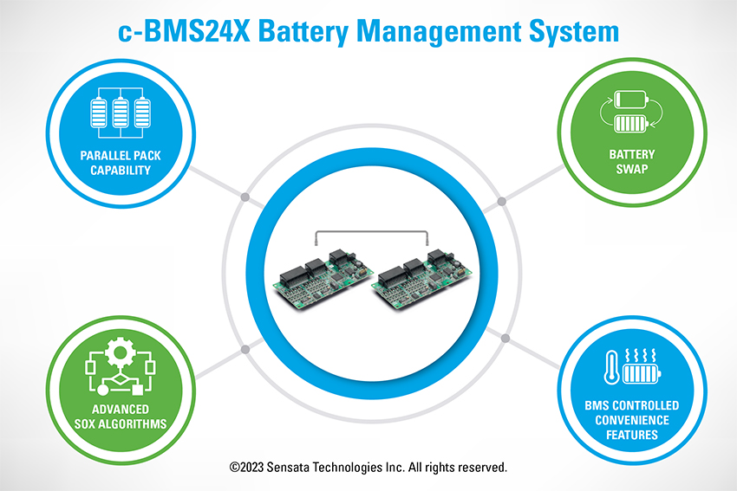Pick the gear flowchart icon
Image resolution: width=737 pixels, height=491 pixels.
[118, 366]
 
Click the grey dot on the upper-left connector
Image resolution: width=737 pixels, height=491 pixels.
[245, 199]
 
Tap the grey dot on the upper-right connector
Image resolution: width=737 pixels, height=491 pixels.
[501, 203]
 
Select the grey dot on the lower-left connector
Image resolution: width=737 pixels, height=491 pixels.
[245, 350]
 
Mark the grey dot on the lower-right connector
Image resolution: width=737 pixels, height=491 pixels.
[501, 331]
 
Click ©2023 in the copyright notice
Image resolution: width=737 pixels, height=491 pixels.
[247, 468]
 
